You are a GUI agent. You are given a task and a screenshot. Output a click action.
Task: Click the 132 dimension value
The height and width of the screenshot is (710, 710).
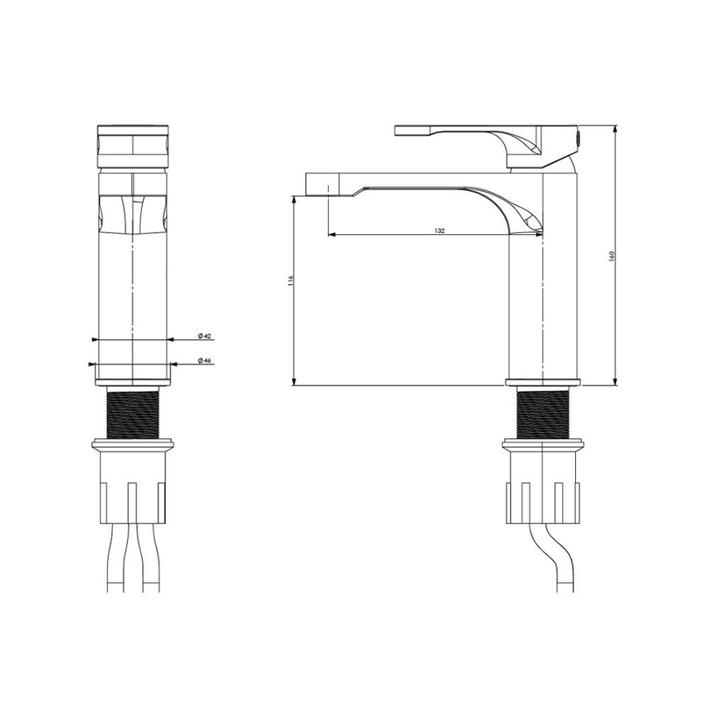(x=439, y=230)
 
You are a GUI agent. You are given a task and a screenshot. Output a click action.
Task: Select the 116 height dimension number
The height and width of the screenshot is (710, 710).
(x=290, y=280)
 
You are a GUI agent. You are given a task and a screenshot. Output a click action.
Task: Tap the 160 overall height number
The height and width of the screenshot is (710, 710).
(x=611, y=256)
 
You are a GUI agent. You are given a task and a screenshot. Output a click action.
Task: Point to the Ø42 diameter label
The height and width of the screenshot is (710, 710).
(x=204, y=336)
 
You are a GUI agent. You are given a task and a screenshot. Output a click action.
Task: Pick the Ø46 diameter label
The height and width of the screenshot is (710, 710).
(x=204, y=361)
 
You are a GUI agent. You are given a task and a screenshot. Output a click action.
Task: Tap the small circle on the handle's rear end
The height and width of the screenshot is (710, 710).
(x=577, y=136)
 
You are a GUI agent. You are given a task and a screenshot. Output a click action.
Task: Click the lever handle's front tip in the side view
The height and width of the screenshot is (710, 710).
(x=397, y=130)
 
